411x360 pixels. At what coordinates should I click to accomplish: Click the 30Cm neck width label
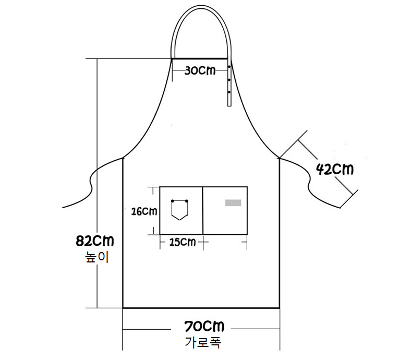point(200,70)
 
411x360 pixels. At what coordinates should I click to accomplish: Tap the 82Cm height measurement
point(95,241)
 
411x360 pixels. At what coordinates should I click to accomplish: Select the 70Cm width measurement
point(204,327)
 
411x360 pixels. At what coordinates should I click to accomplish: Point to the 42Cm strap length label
point(335,169)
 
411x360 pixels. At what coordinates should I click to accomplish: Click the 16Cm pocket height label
point(144,211)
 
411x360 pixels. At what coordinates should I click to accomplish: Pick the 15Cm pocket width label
point(183,242)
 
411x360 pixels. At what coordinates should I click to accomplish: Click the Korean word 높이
point(96,257)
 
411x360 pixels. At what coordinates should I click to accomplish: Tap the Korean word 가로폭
point(203,342)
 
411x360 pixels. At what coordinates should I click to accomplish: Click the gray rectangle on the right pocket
point(233,202)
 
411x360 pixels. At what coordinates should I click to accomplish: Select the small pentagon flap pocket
point(179,210)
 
